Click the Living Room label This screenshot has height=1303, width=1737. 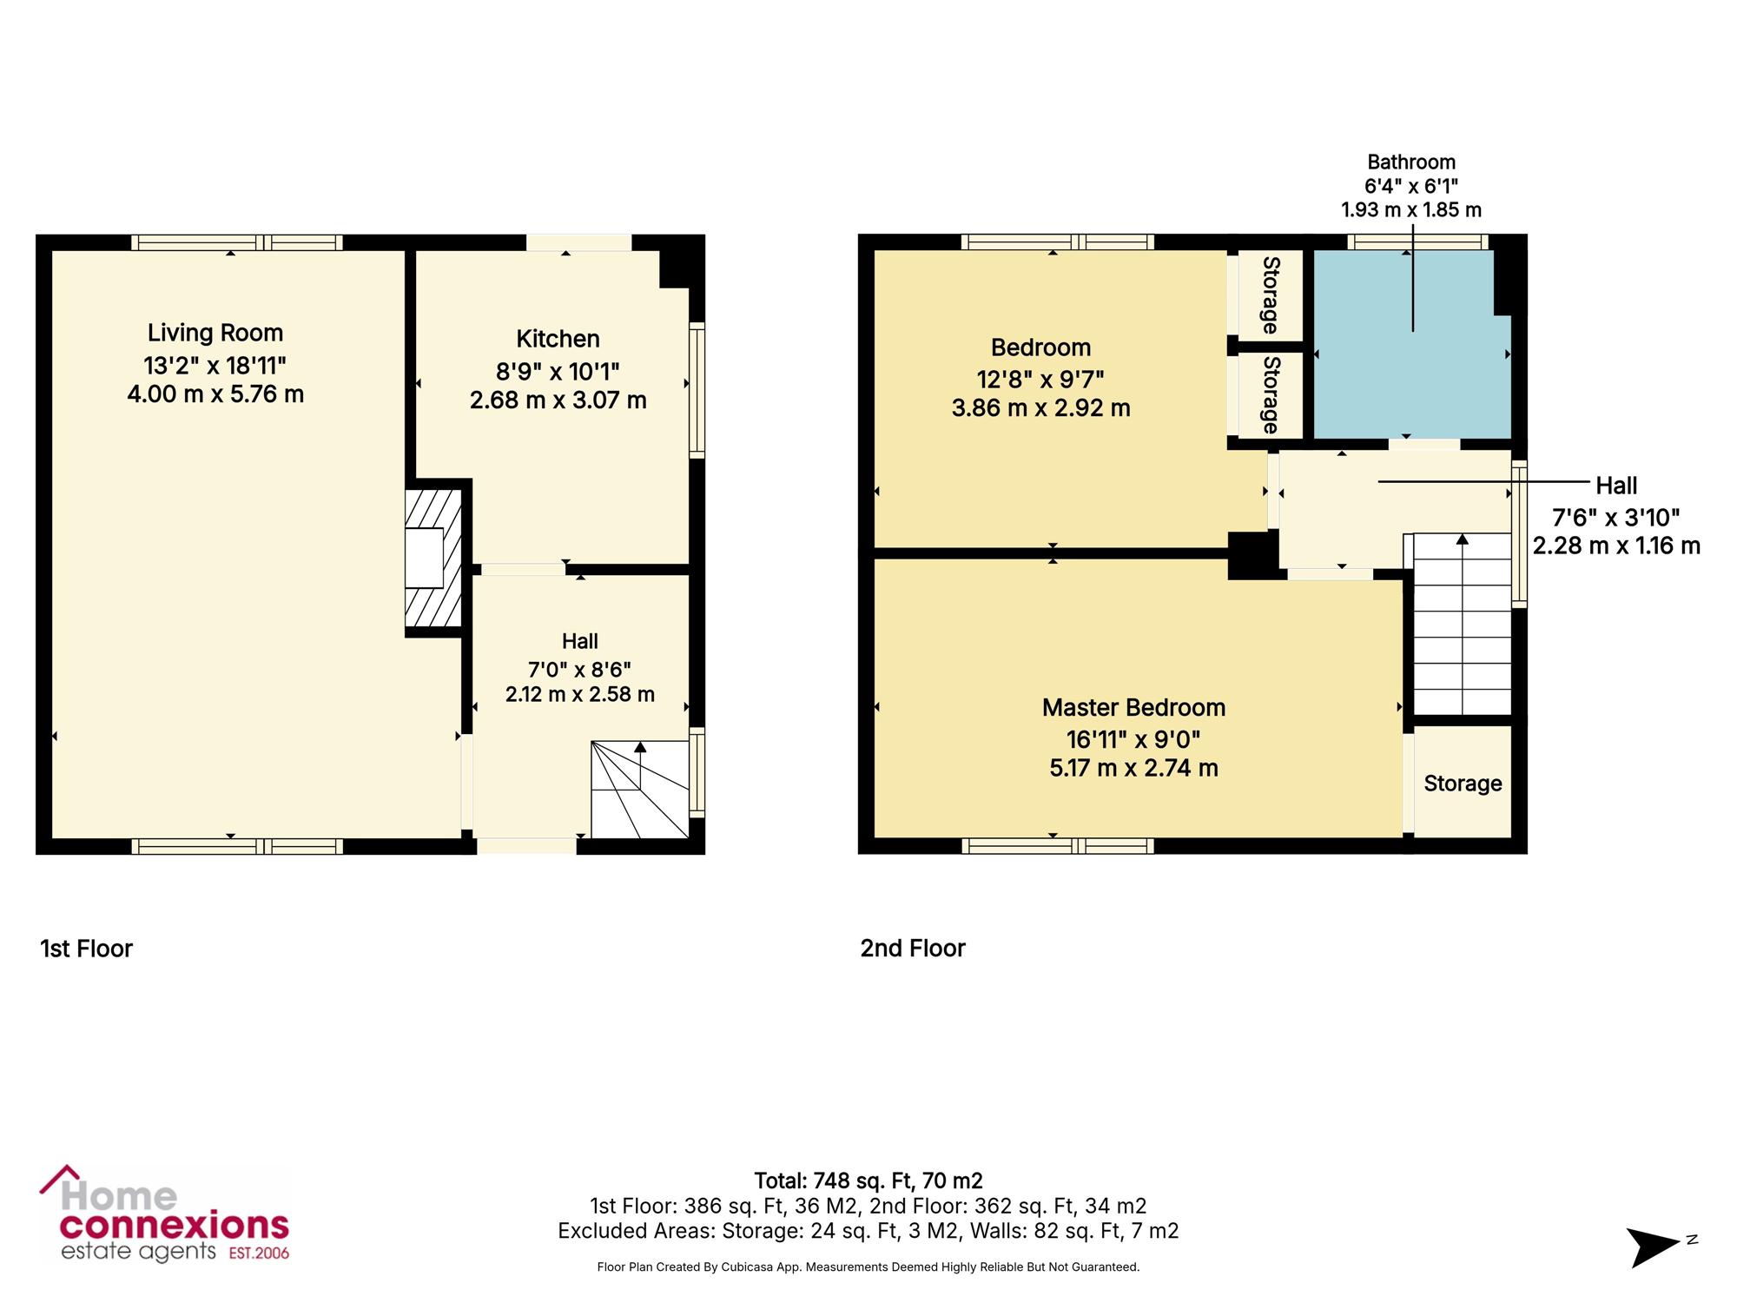pos(215,333)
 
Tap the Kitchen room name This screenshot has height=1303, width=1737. pos(558,339)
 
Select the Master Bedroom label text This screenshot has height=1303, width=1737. pos(1133,708)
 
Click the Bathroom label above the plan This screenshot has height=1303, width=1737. pos(1411,162)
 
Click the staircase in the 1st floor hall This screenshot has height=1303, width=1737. pos(640,790)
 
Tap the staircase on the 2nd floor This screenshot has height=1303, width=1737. pos(1463,624)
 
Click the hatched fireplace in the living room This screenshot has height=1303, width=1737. pos(433,557)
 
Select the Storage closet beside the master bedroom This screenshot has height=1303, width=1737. pos(1463,782)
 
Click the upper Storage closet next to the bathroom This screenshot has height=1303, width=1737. pos(1270,295)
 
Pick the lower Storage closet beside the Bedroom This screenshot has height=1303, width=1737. pos(1270,395)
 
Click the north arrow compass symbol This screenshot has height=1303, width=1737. pos(1654,1247)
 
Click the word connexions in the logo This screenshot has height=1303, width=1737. pos(175,1226)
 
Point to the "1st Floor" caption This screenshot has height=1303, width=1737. pos(86,948)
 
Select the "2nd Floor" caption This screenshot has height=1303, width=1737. pos(913,948)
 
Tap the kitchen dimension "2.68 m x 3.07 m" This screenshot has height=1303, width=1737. pos(558,400)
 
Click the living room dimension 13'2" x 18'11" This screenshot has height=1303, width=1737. pos(215,365)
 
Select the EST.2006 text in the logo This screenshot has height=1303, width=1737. pos(259,1253)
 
